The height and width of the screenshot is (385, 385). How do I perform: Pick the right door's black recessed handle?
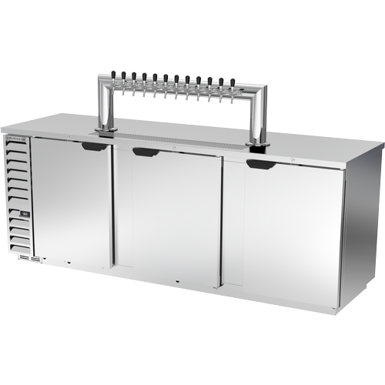(258, 164)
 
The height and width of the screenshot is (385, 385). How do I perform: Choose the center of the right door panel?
(283, 231)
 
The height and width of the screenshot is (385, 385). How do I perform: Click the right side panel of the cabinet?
(363, 223)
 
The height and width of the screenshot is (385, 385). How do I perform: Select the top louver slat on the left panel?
(19, 150)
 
